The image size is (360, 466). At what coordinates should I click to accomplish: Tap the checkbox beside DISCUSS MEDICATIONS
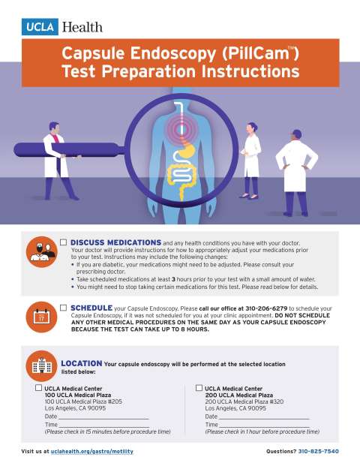[64, 242]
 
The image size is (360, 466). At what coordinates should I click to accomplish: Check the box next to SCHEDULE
[64, 307]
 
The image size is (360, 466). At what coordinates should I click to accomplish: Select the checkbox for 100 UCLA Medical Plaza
[38, 388]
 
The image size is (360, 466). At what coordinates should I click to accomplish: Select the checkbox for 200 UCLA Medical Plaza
[199, 388]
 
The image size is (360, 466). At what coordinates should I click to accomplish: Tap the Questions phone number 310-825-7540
[319, 452]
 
